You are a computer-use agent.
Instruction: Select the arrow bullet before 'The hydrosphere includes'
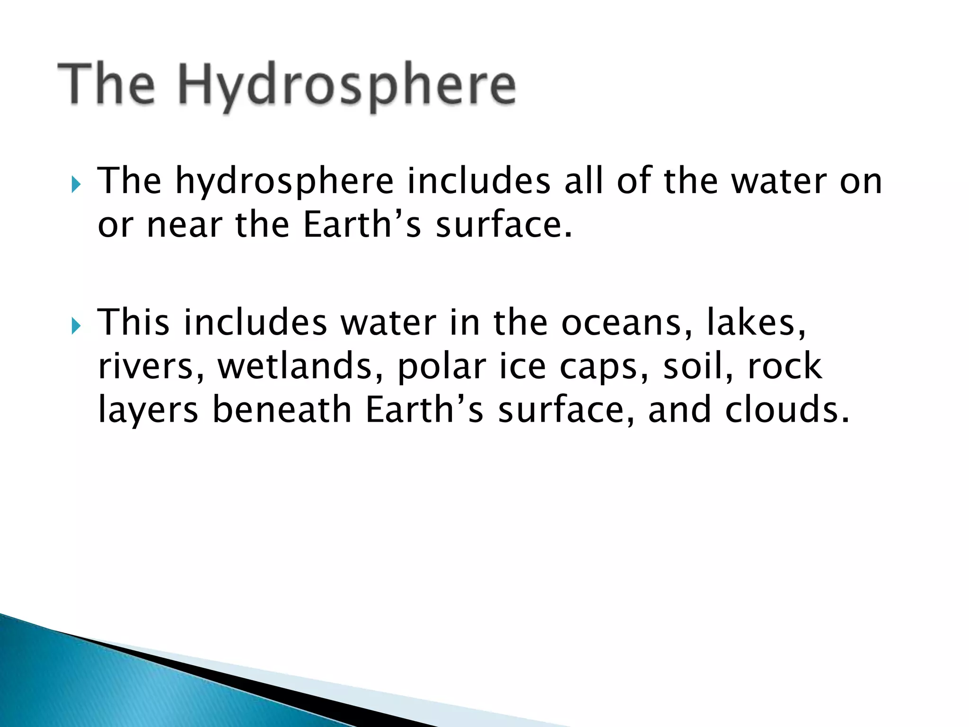76,184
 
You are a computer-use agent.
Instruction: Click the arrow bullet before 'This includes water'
76,325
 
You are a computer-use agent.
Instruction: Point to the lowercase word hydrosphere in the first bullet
284,182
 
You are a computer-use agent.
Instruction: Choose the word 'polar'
441,367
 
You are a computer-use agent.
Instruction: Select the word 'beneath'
282,409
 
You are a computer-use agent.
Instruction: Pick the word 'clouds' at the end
786,409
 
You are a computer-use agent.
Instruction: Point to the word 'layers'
148,410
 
